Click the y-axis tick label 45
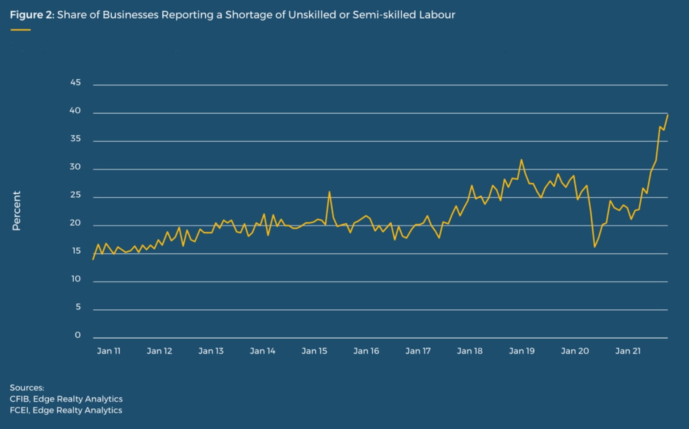pyautogui.click(x=76, y=82)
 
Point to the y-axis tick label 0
pyautogui.click(x=78, y=335)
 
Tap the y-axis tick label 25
pyautogui.click(x=76, y=195)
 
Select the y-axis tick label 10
pyautogui.click(x=76, y=279)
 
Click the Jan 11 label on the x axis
pyautogui.click(x=109, y=351)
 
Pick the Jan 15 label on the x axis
pyautogui.click(x=314, y=351)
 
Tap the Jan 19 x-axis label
pyautogui.click(x=521, y=351)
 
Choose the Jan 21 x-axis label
pyautogui.click(x=628, y=351)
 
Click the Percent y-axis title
pyautogui.click(x=17, y=211)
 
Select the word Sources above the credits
pyautogui.click(x=27, y=387)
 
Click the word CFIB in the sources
pyautogui.click(x=19, y=399)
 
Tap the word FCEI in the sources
pyautogui.click(x=19, y=410)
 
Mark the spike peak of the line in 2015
pyautogui.click(x=329, y=192)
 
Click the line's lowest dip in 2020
pyautogui.click(x=595, y=247)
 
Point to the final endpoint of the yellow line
pyautogui.click(x=668, y=115)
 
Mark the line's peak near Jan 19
pyautogui.click(x=521, y=160)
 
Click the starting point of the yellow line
pyautogui.click(x=93, y=259)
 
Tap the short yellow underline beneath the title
pyautogui.click(x=21, y=30)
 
